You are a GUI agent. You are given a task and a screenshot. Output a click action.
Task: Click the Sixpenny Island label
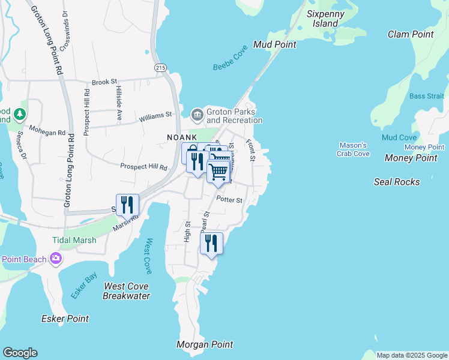click(x=322, y=18)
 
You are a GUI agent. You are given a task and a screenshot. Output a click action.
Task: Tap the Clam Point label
click(x=411, y=34)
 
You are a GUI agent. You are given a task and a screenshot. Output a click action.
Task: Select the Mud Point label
click(x=275, y=44)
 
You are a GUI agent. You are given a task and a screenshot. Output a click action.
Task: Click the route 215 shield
click(x=160, y=68)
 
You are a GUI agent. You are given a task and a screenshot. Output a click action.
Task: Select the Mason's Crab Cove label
click(x=353, y=149)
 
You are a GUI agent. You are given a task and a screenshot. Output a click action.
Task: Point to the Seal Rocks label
click(x=397, y=181)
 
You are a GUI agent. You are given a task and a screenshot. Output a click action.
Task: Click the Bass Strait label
click(x=427, y=96)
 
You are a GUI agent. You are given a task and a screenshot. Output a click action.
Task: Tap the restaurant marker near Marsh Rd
click(x=127, y=205)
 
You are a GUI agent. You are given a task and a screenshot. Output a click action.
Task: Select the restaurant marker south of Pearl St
click(x=211, y=243)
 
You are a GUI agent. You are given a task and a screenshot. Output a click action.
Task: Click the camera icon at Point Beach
click(x=56, y=259)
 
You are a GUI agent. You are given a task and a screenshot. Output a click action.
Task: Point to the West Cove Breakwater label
click(x=126, y=291)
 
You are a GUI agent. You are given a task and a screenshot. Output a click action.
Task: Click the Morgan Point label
click(x=205, y=344)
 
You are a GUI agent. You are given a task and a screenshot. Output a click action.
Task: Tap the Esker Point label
click(x=65, y=319)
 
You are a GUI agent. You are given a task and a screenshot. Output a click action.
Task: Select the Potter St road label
click(x=229, y=200)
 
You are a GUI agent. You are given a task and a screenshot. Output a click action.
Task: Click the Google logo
click(x=20, y=353)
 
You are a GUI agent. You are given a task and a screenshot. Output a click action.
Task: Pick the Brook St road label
click(x=104, y=83)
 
